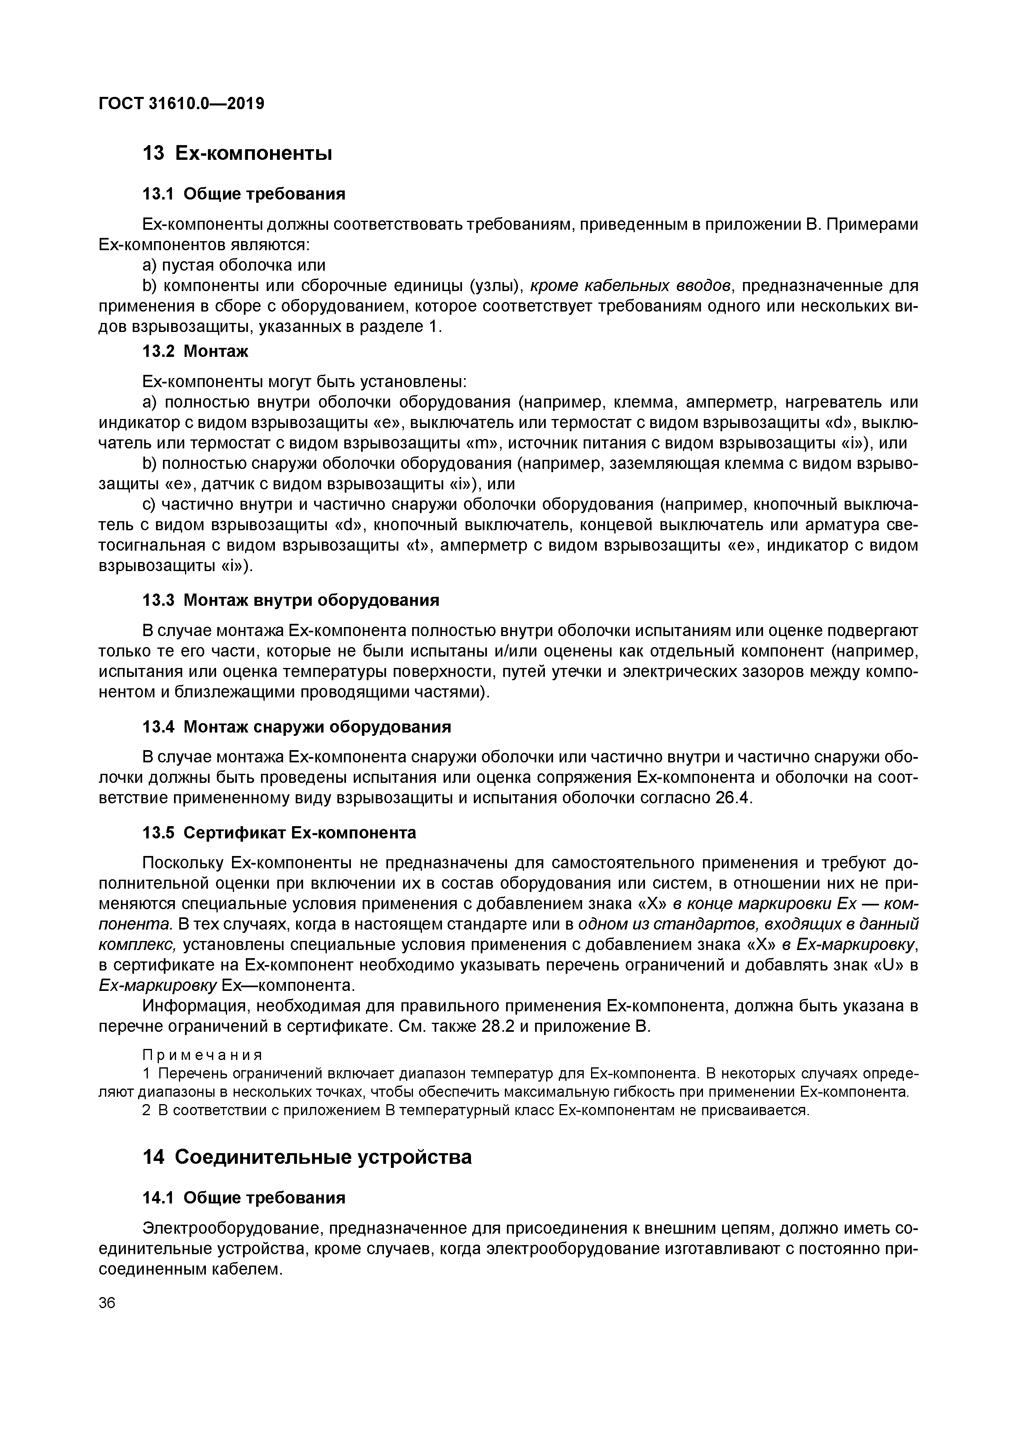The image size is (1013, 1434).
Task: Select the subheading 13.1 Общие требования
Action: [244, 194]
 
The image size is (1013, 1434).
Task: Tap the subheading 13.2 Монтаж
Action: [195, 352]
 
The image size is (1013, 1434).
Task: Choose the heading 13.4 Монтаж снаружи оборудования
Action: [297, 727]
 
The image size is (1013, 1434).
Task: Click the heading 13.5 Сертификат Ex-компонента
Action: [279, 833]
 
